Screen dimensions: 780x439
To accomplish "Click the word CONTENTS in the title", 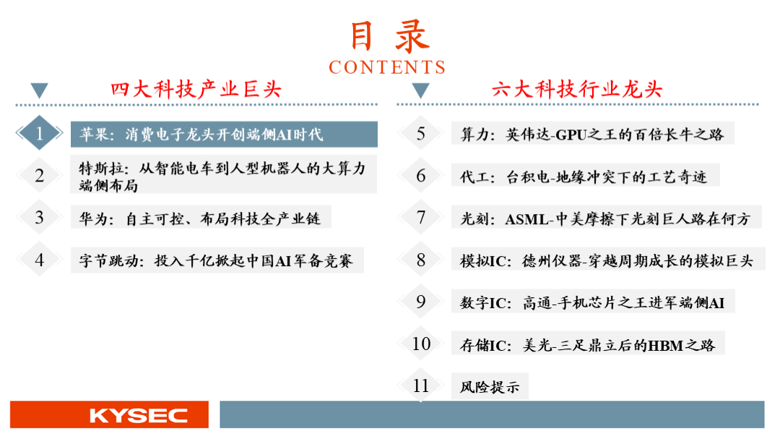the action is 387,67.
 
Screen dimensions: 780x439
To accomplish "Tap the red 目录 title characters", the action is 389,36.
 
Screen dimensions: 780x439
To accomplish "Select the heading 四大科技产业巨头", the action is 196,90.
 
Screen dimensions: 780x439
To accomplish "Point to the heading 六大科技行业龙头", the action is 577,90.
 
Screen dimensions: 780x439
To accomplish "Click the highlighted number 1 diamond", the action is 39,133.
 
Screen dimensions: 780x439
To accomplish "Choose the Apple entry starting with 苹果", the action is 201,135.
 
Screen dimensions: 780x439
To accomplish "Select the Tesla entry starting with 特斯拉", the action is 222,176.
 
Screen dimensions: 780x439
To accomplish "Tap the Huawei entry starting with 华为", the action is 199,218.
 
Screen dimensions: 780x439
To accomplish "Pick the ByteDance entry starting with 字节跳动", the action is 216,260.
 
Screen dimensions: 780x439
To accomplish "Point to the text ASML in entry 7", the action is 526,219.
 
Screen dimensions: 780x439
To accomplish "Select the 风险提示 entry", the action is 490,387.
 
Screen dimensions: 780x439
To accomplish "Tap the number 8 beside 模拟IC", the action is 421,260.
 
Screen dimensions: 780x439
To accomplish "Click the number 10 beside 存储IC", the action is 421,344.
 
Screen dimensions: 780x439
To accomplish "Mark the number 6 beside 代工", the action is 421,176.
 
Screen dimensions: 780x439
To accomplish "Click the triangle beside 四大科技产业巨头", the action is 39,90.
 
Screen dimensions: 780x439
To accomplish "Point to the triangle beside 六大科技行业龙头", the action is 420,90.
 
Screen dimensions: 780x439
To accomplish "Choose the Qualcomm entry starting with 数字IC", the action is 592,303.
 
